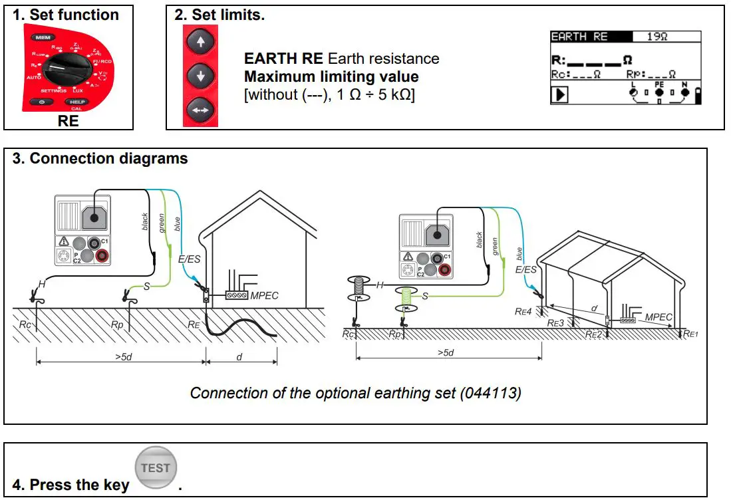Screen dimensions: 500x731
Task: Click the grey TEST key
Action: click(155, 468)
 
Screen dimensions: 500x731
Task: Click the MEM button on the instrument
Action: click(44, 38)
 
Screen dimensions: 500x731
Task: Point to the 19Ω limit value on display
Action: click(657, 37)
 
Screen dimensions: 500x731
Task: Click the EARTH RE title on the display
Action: click(579, 37)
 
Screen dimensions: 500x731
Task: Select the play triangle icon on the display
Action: click(561, 95)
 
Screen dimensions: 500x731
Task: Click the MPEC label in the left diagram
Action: click(264, 295)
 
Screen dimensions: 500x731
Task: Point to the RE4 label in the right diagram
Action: click(523, 310)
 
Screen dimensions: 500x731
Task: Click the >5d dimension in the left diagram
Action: click(122, 357)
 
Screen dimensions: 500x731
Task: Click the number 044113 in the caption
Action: click(490, 393)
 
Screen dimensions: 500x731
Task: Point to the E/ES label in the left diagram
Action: click(190, 258)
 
